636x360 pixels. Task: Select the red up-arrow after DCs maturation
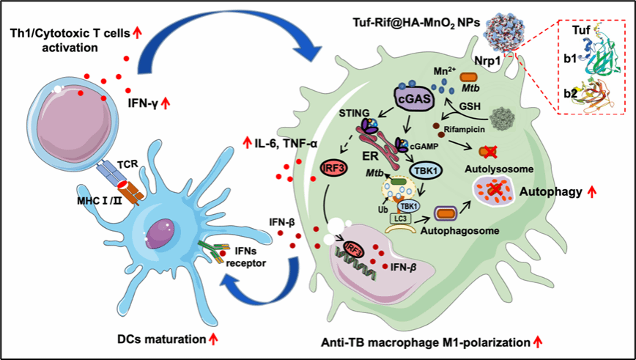[x=213, y=339]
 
